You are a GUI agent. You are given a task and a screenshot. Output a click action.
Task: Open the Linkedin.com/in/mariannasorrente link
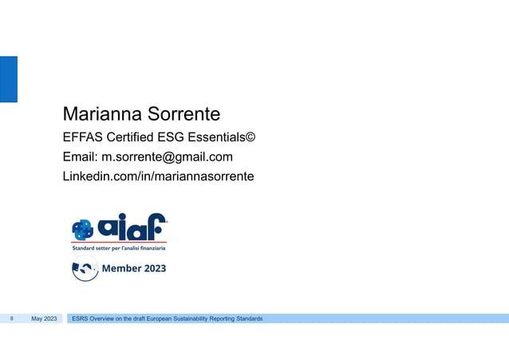point(158,176)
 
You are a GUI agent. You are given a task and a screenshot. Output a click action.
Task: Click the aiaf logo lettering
point(132,227)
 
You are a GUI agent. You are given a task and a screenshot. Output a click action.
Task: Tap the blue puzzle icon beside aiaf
point(83,230)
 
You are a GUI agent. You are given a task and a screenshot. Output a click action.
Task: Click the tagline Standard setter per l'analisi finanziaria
point(120,248)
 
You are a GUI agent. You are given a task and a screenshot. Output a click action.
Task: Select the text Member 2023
point(134,268)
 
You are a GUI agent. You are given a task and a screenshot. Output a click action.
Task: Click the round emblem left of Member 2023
point(85,270)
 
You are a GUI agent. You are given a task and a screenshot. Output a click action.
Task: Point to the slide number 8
point(12,319)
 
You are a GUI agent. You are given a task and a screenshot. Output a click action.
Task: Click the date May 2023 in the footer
point(44,319)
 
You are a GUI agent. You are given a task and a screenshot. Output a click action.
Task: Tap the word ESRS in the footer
point(81,319)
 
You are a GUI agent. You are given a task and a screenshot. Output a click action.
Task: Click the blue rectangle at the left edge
point(8,78)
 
